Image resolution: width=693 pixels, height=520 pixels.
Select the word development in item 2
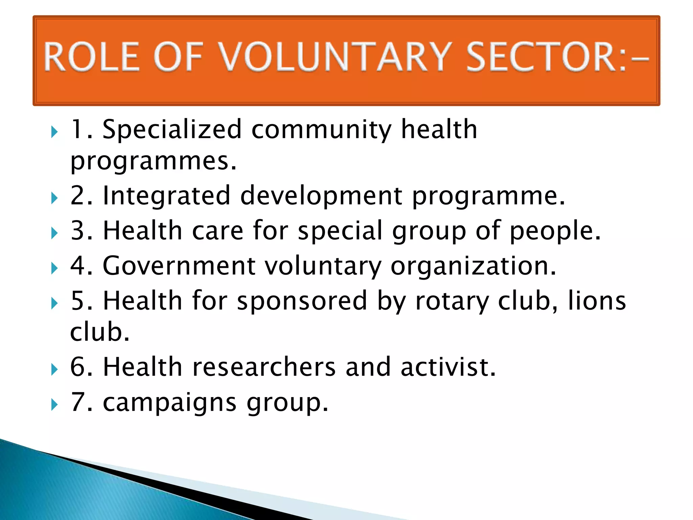coord(321,196)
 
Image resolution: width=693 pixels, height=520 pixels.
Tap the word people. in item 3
coord(555,232)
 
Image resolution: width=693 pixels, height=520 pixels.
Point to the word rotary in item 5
coord(452,301)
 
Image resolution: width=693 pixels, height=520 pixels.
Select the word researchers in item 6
coord(264,367)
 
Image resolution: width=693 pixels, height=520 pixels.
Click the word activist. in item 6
coord(448,367)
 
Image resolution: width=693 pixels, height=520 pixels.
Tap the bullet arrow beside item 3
coord(54,233)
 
